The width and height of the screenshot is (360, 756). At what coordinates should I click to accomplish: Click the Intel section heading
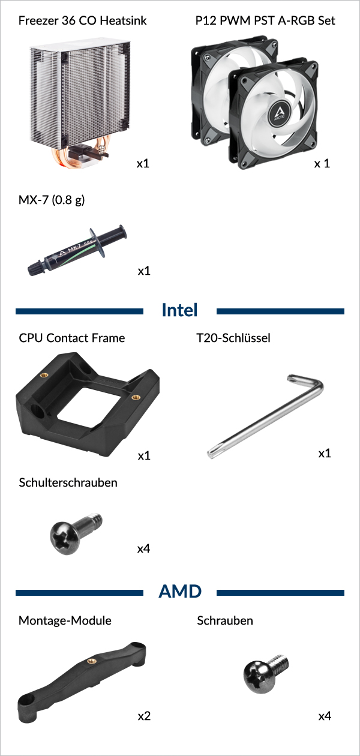[x=179, y=310]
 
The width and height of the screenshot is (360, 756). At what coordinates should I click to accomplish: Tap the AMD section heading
[x=180, y=592]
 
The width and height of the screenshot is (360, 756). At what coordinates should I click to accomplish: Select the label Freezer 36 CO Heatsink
[x=83, y=20]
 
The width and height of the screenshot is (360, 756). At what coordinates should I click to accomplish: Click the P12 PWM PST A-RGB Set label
[x=265, y=20]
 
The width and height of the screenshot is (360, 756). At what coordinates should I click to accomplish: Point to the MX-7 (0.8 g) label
[x=52, y=200]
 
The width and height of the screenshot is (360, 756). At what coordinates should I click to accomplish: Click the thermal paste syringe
[x=77, y=250]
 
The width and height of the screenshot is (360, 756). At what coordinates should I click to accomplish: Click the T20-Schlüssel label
[x=233, y=338]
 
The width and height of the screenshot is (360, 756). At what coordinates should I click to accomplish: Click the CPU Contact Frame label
[x=72, y=338]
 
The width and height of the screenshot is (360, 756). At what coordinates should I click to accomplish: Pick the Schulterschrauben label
[x=68, y=482]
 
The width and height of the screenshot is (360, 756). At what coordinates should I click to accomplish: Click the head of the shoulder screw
[x=65, y=538]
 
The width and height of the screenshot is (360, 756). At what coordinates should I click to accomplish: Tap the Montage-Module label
[x=65, y=620]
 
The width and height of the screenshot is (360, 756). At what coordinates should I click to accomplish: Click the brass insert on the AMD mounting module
[x=91, y=661]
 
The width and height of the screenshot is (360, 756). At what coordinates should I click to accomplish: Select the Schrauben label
[x=225, y=620]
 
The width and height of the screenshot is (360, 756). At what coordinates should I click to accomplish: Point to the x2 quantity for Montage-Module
[x=144, y=716]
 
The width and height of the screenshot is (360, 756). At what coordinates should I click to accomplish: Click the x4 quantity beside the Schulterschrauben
[x=143, y=548]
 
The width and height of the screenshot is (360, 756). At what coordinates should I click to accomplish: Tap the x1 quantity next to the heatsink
[x=143, y=163]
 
